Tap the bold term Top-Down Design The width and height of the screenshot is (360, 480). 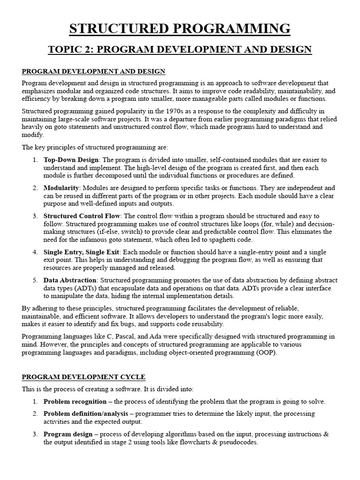(72, 160)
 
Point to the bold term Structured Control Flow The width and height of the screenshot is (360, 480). (82, 216)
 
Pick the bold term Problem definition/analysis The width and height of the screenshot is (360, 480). (87, 413)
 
